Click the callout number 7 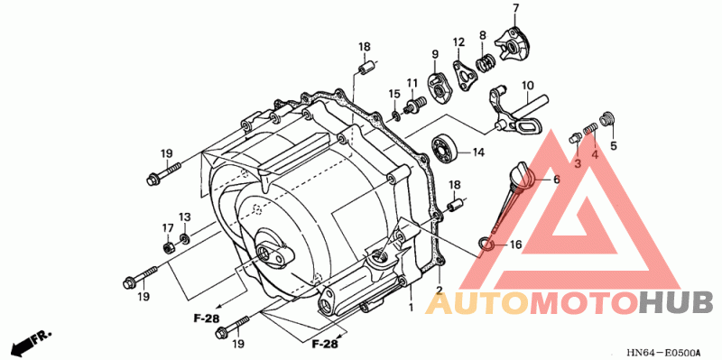tap(515, 8)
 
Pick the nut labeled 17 tap(168, 247)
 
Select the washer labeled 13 tap(184, 238)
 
